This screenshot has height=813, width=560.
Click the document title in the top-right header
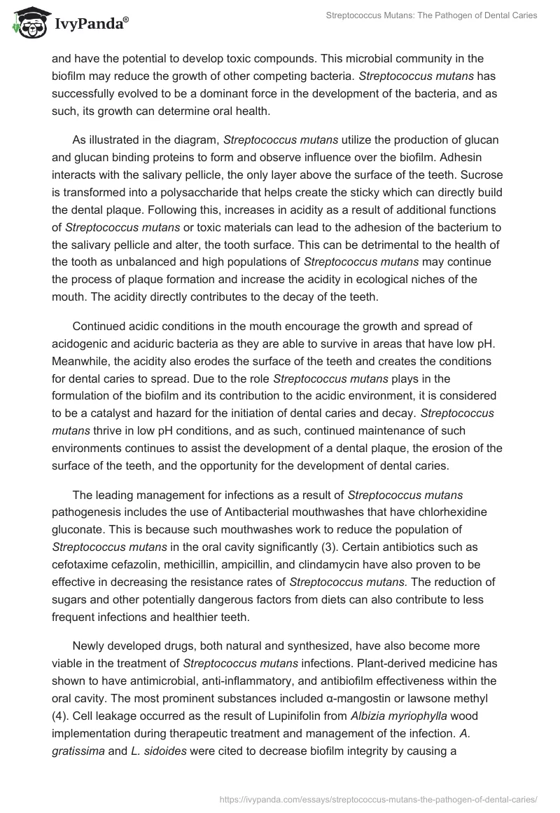(432, 15)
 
